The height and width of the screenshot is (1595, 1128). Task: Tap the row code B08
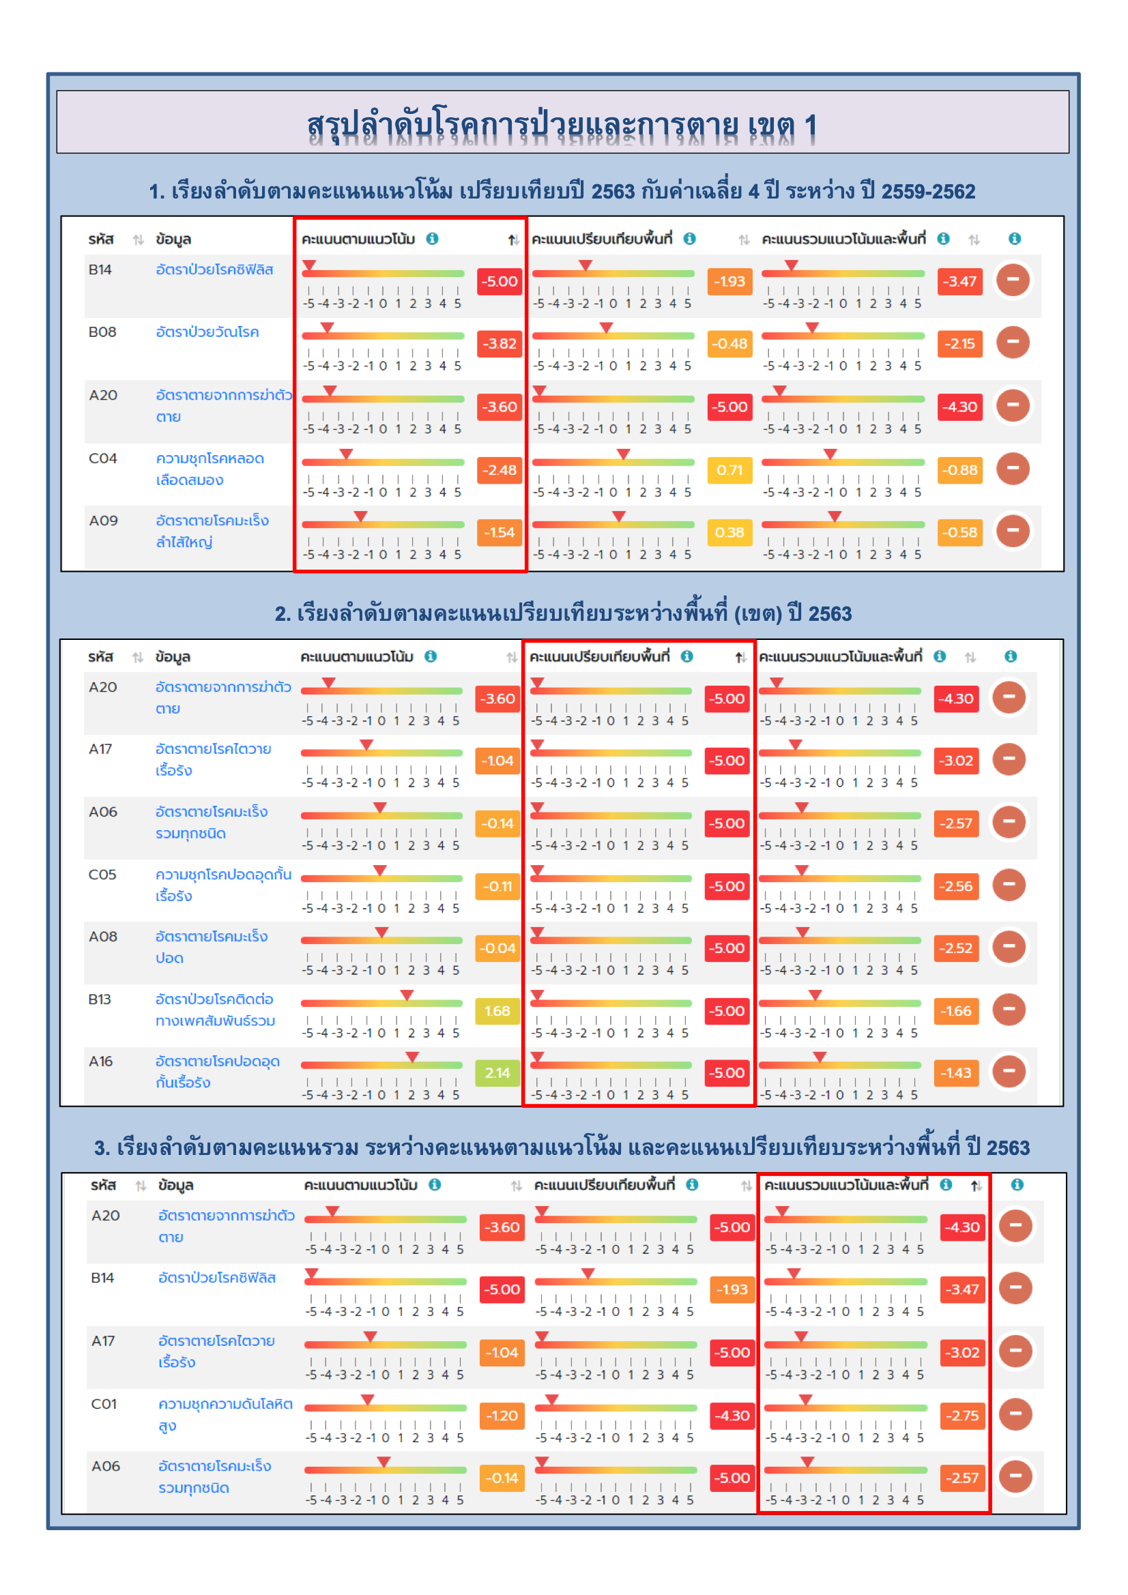coord(102,332)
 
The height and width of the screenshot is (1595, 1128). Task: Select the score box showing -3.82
coord(500,344)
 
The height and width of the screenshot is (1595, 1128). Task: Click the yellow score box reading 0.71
coord(729,470)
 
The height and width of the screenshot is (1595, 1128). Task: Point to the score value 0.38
coord(729,533)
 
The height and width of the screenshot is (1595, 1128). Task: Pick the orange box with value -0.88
coord(959,470)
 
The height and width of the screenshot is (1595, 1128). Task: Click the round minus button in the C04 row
coord(1013,468)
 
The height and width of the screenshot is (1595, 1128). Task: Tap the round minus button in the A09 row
coord(1013,531)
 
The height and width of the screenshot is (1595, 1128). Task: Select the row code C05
coord(102,875)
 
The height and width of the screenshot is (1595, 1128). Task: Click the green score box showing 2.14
coord(497,1073)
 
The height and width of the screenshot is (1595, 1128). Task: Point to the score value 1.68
coord(497,1012)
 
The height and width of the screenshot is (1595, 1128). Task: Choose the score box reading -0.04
coord(497,949)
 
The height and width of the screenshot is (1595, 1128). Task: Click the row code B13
coord(100,999)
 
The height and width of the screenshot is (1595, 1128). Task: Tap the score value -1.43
coord(955,1073)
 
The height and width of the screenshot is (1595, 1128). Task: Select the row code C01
coord(104,1404)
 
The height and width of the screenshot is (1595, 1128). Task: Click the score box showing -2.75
coord(962,1416)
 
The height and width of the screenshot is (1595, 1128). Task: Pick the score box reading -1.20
coord(502,1416)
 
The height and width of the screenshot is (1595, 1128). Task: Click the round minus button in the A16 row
coord(1009,1071)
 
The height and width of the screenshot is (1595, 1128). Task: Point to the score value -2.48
coord(500,470)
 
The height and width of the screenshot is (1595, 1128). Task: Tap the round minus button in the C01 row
coord(1015,1414)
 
